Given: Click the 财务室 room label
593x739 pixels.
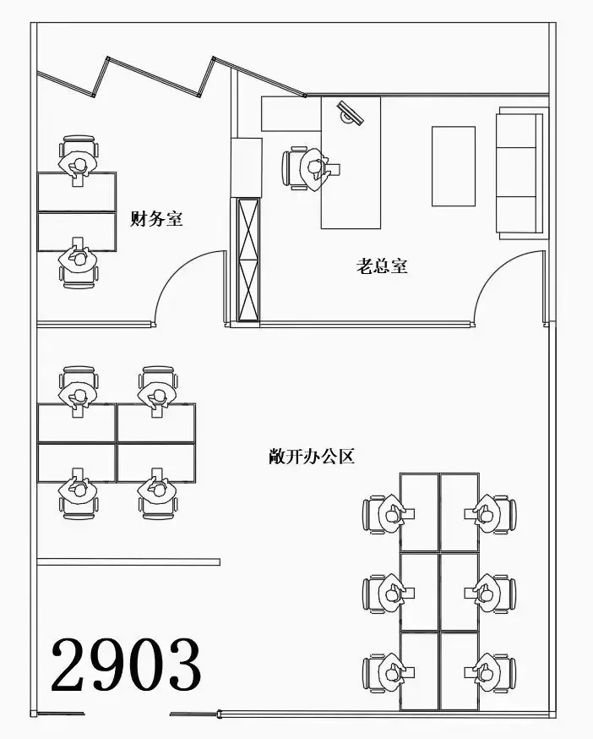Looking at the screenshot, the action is pyautogui.click(x=156, y=219).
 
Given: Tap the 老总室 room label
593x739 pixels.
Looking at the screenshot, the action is pyautogui.click(x=382, y=265).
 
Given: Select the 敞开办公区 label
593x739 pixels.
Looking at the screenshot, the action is pyautogui.click(x=312, y=457).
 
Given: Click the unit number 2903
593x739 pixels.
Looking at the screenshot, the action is pyautogui.click(x=126, y=665).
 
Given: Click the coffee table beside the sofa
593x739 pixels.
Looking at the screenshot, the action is pyautogui.click(x=453, y=166).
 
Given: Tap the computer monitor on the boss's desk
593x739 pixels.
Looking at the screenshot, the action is pyautogui.click(x=350, y=112).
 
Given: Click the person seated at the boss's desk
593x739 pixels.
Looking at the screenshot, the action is pyautogui.click(x=314, y=169).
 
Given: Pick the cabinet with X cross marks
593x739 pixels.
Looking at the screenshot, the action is pyautogui.click(x=248, y=260).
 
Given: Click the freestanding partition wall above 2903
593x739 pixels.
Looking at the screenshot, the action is pyautogui.click(x=128, y=561).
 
